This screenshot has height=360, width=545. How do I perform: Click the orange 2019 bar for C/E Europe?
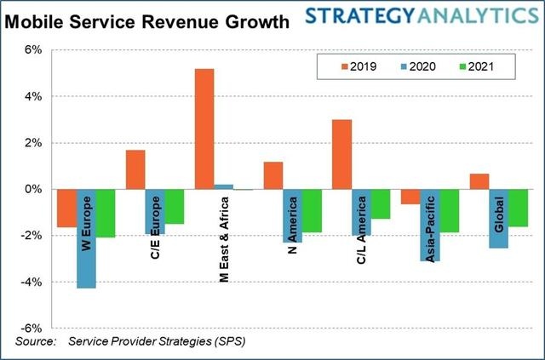click(135, 169)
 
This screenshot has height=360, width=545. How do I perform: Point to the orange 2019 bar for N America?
click(273, 175)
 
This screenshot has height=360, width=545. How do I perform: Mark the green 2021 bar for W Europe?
click(105, 213)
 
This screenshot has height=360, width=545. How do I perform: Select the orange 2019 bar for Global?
click(479, 181)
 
